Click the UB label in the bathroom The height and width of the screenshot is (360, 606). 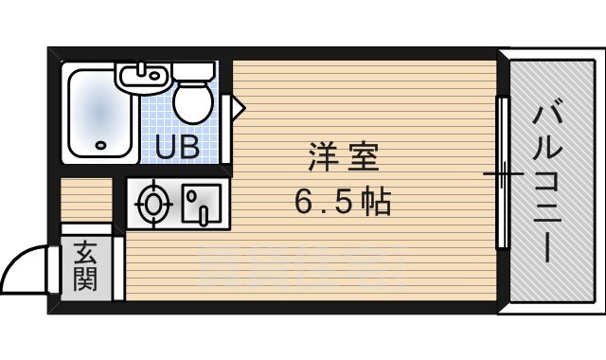177,147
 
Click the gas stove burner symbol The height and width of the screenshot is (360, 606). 152,202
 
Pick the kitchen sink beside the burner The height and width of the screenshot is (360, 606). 200,202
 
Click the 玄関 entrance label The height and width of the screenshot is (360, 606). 85,268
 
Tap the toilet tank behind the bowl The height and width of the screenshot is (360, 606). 195,72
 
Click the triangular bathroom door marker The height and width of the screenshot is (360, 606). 239,106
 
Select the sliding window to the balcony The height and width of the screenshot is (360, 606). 504,174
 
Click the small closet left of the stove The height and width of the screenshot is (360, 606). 86,200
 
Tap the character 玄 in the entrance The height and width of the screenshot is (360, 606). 85,254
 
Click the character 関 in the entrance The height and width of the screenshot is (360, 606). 85,281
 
